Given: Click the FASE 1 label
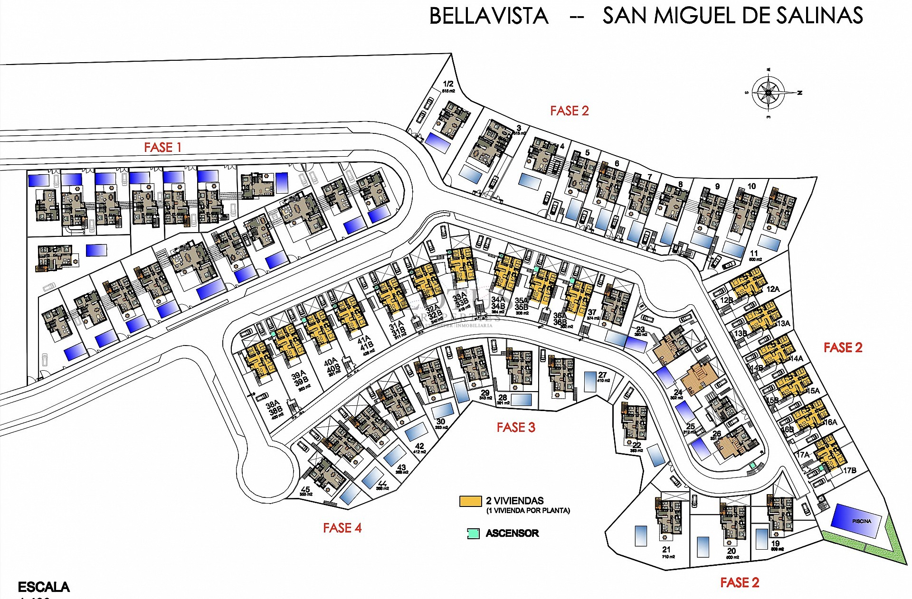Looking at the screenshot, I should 162,148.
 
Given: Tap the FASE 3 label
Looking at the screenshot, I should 516,428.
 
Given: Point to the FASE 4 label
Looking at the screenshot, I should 342,528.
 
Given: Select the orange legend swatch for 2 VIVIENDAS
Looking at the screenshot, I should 470,502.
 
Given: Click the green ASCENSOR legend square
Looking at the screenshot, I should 473,533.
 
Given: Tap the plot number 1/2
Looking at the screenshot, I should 448,84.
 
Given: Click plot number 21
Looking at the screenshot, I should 666,550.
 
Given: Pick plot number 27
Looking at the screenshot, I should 602,375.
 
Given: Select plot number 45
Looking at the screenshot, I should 305,489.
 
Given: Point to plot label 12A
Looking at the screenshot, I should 772,289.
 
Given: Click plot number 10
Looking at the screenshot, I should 751,187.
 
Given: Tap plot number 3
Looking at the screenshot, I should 519,128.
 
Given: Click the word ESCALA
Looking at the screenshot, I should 44,587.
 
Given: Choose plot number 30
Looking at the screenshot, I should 440,421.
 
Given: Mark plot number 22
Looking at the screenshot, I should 636,445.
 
